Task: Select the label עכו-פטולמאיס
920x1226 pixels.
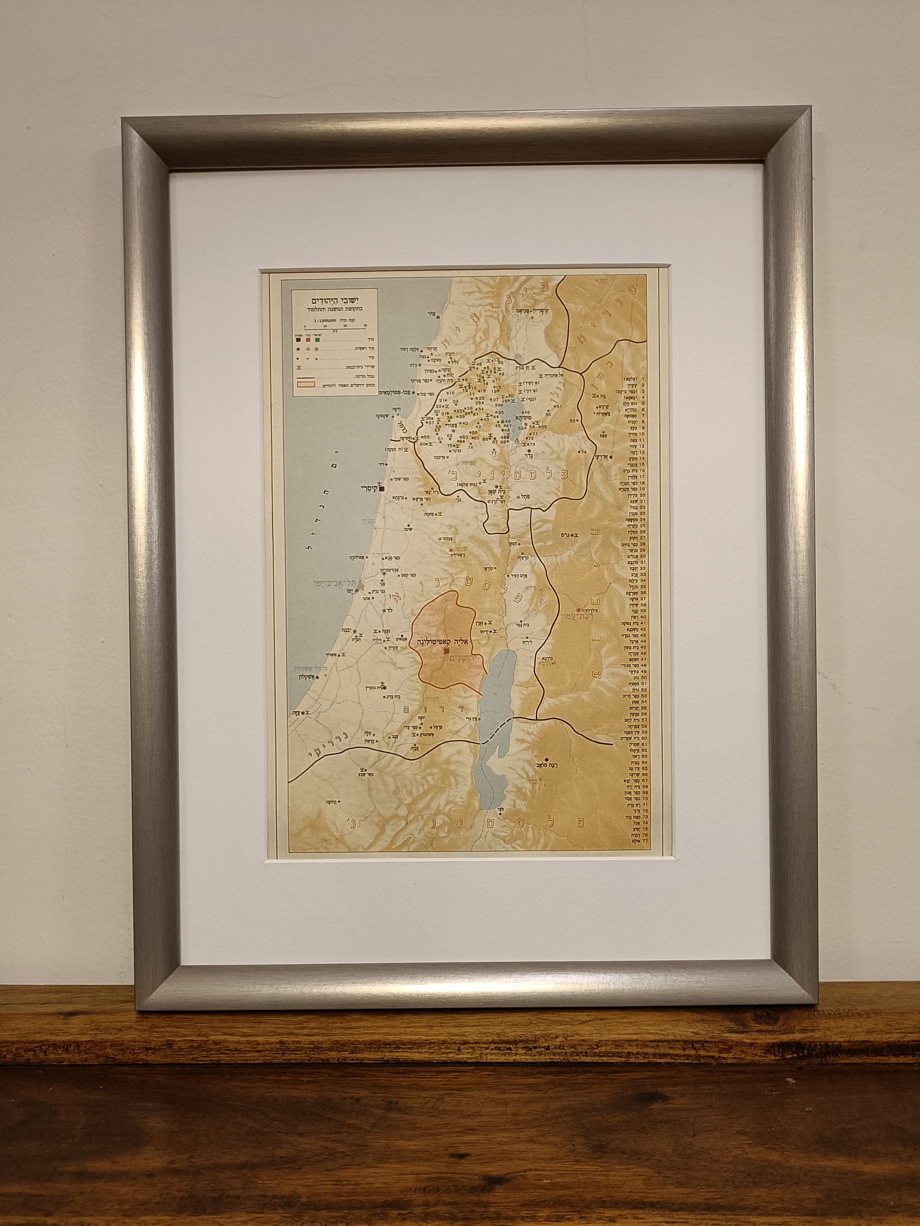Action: [384, 393]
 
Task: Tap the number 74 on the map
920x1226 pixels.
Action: [583, 453]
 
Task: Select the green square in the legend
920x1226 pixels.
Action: [318, 339]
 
